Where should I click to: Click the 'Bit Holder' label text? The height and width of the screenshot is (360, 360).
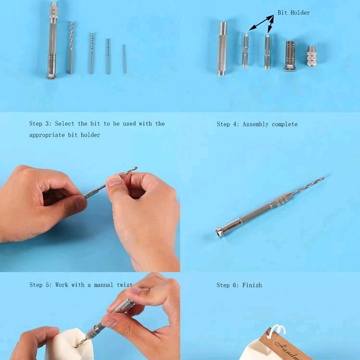point(294,12)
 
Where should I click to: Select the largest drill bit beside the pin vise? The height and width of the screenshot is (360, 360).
point(71,47)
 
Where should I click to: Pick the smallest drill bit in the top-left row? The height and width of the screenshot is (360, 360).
point(124,59)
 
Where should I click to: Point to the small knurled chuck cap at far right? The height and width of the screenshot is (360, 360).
point(311,56)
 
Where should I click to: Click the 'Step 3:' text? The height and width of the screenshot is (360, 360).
point(40,124)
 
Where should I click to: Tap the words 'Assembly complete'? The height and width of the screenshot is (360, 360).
point(270,124)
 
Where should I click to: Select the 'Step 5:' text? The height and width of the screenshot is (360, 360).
point(40,285)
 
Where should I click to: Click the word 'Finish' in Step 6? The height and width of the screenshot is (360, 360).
point(252,285)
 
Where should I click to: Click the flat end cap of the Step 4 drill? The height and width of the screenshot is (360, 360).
point(220,233)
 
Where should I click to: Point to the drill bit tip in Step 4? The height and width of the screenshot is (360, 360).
point(322,179)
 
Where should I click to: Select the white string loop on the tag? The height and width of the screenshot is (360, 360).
point(277,330)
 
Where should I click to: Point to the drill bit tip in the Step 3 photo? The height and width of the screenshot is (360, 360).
point(135,169)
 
